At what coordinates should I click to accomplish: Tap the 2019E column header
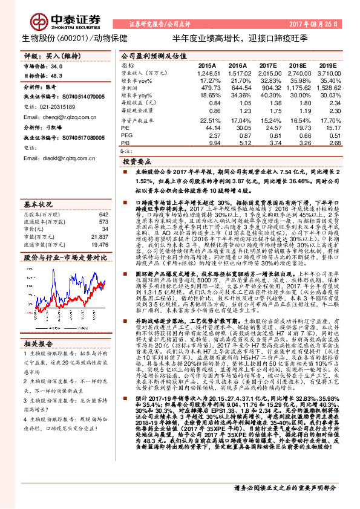(327, 65)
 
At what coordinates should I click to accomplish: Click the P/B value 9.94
(209, 144)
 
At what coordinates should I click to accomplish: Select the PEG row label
(126, 137)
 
